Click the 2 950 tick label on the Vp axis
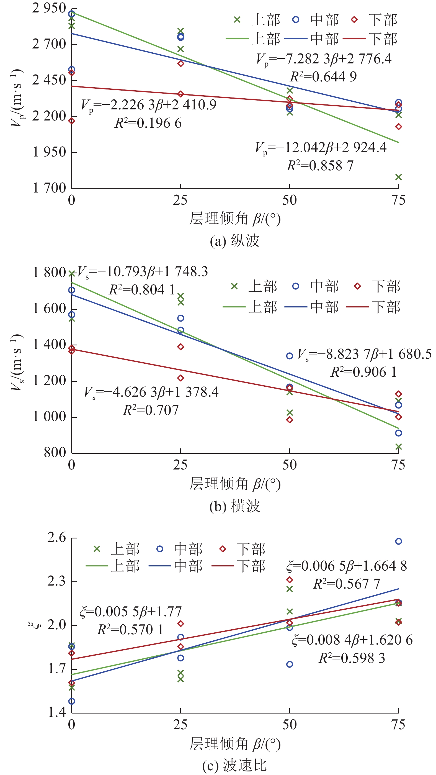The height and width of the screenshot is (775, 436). (49, 8)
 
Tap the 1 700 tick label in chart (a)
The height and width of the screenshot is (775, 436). (49, 188)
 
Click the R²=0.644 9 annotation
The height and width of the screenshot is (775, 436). (323, 77)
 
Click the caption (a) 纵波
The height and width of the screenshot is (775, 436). (234, 241)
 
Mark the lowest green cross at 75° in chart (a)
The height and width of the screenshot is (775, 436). (398, 177)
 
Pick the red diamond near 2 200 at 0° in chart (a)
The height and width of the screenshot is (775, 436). (72, 121)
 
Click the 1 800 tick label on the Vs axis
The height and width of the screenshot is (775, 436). (49, 273)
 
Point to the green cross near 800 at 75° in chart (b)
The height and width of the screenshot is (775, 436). (398, 446)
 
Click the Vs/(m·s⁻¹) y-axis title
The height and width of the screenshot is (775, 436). (17, 363)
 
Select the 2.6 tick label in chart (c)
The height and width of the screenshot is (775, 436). (56, 538)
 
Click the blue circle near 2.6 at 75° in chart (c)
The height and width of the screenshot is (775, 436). (398, 541)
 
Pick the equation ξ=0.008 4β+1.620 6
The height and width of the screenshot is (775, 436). (352, 640)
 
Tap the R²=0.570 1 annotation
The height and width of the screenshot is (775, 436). (130, 630)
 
